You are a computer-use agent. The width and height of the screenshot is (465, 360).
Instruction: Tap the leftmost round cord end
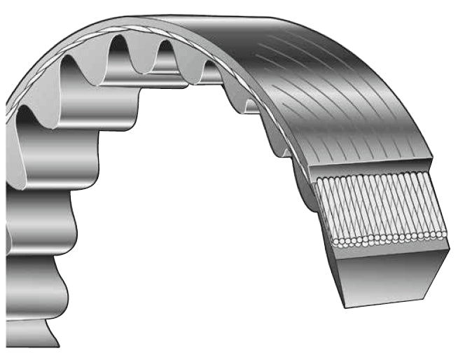tap(335, 242)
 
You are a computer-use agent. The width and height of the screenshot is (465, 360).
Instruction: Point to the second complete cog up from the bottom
tap(42, 224)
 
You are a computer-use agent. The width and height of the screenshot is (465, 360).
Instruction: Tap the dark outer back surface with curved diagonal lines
tap(329, 84)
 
